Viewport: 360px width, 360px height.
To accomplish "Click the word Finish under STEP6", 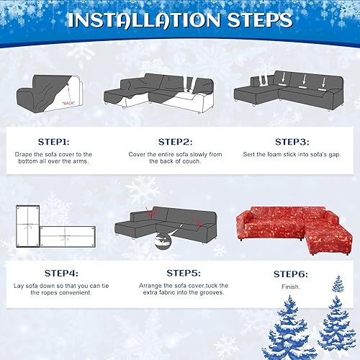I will coord(291,287).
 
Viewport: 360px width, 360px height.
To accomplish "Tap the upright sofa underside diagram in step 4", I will coord(28,227).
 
